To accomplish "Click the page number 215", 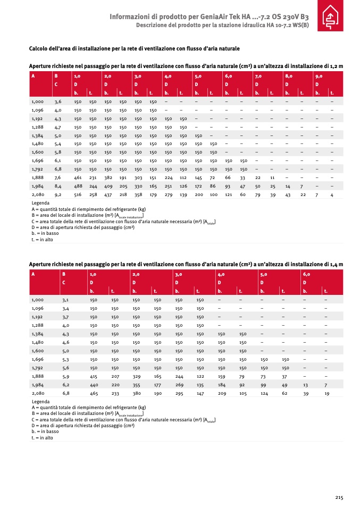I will click(x=339, y=497).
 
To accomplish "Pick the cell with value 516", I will click(x=77, y=196).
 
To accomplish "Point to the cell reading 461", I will click(x=77, y=177).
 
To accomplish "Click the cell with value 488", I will click(x=77, y=186).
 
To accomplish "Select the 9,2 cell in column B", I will click(x=58, y=196).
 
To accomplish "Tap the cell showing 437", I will click(x=107, y=196).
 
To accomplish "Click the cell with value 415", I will click(x=94, y=376).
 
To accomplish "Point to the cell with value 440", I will click(x=94, y=385).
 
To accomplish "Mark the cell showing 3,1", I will click(x=66, y=300).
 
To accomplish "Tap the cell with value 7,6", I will click(x=58, y=177).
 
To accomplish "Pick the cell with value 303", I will click(x=138, y=177).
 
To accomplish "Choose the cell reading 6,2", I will click(x=66, y=385).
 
